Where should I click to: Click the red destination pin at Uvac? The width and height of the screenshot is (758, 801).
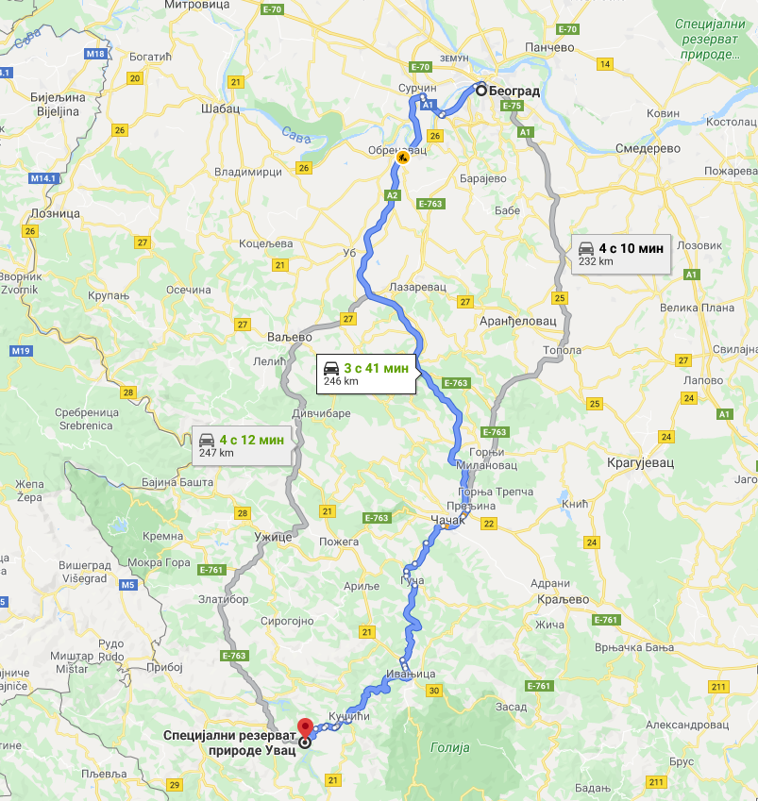pyautogui.click(x=305, y=728)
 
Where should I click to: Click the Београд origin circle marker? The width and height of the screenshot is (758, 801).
pyautogui.click(x=480, y=91)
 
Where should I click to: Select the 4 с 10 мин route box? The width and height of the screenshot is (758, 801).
pyautogui.click(x=621, y=254)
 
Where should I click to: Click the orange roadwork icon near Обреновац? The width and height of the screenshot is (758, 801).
pyautogui.click(x=403, y=158)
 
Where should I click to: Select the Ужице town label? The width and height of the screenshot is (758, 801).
pyautogui.click(x=274, y=537)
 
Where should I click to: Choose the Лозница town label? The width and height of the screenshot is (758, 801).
pyautogui.click(x=56, y=213)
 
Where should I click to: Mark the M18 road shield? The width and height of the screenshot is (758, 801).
pyautogui.click(x=96, y=55)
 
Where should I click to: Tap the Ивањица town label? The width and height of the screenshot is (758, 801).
pyautogui.click(x=411, y=674)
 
